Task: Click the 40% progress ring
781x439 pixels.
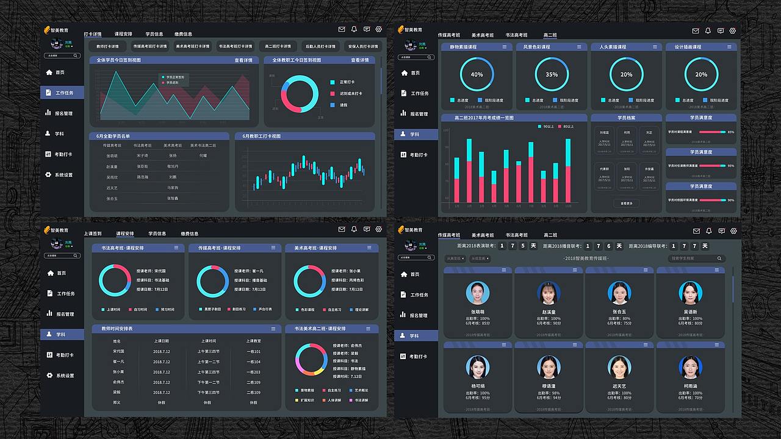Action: (477, 74)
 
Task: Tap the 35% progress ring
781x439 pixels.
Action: (552, 74)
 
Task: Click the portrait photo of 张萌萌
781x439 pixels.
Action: (477, 293)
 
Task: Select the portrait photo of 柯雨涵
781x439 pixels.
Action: (689, 367)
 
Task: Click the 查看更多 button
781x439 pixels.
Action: (626, 203)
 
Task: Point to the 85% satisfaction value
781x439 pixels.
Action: (731, 132)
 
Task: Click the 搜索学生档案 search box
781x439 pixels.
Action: (696, 259)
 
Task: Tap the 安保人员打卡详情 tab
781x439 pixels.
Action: (362, 46)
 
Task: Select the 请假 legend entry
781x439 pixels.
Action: (343, 105)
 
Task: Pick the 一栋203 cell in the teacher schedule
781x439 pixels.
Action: (253, 372)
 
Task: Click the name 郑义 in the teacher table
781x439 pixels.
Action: (117, 402)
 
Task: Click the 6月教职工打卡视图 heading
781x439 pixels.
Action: (262, 137)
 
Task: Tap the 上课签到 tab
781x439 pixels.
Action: (93, 234)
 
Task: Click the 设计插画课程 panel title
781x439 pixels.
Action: (688, 47)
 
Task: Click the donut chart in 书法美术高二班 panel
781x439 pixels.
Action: (312, 359)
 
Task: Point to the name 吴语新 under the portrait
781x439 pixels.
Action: (690, 312)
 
